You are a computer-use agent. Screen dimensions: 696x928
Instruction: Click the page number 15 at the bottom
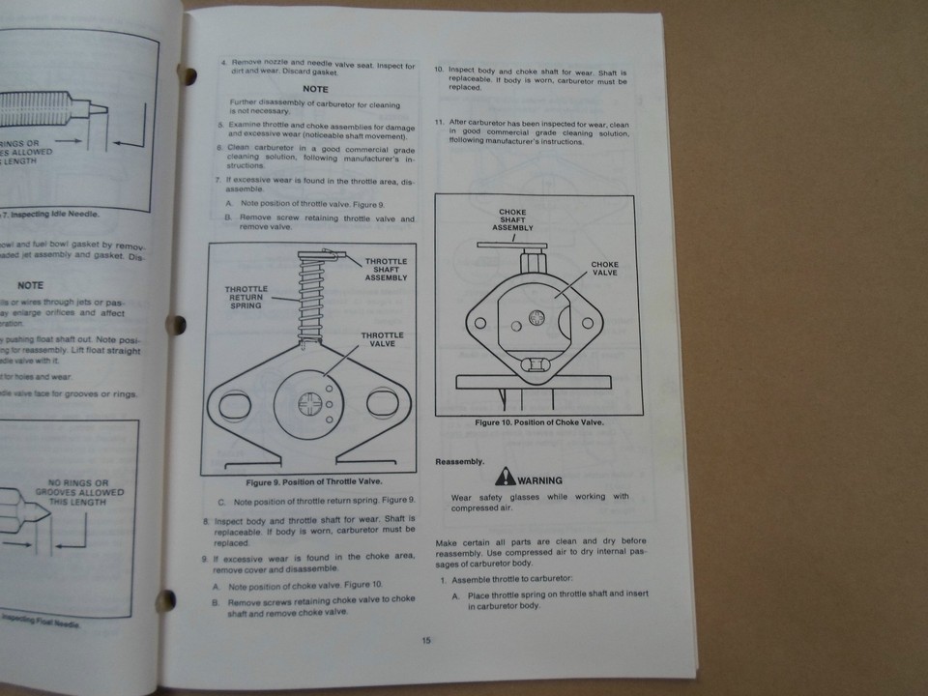(425, 639)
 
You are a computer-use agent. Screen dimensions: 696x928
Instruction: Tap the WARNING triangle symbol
(505, 477)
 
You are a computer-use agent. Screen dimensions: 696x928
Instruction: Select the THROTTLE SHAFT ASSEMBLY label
(386, 269)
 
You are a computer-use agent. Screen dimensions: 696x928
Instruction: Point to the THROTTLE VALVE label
(382, 340)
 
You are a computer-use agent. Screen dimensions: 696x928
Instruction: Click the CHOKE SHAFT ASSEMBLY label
(511, 220)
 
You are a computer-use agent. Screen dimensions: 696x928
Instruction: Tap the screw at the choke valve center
(538, 317)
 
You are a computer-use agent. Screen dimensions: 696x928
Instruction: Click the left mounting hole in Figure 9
(234, 405)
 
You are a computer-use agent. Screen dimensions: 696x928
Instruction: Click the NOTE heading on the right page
(315, 88)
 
